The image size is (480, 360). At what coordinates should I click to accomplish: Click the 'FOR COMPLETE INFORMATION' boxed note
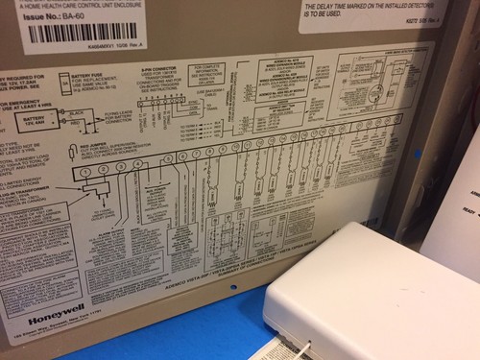[x=213, y=75]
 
